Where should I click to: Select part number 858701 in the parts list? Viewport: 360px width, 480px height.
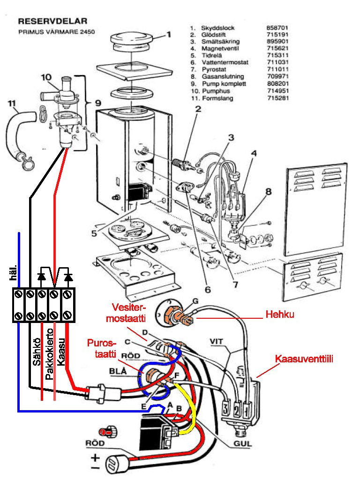[x=277, y=28]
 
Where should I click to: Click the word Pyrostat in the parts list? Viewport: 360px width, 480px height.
[x=213, y=69]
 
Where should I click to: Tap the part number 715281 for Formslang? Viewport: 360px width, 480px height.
[x=277, y=98]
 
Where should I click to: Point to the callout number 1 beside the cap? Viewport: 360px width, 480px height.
[x=169, y=34]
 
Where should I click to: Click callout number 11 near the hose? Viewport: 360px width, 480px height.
[x=13, y=102]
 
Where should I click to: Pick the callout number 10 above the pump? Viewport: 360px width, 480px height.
[x=45, y=77]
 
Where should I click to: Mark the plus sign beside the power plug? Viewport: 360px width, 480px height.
[x=96, y=457]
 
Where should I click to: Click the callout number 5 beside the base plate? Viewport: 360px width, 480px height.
[x=95, y=232]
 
